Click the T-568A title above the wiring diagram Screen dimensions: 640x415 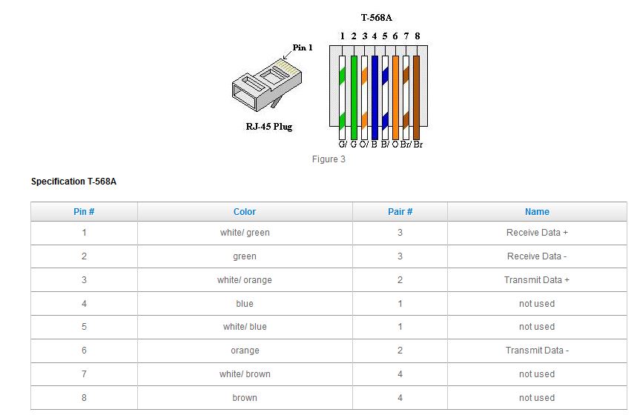coord(376,18)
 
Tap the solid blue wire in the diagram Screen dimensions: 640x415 coord(375,98)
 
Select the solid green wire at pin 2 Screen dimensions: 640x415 coord(354,98)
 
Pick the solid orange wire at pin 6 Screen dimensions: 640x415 coord(395,98)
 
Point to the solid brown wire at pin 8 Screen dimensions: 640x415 coord(416,98)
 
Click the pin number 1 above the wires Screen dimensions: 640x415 coord(343,36)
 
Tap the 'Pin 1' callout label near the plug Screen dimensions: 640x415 coord(303,47)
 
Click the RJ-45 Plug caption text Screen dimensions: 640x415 coord(269,127)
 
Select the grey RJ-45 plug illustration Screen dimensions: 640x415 coord(266,85)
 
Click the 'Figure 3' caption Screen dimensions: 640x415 coord(329,159)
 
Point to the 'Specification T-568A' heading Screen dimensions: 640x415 coord(74,182)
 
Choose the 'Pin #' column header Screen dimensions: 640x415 coord(84,212)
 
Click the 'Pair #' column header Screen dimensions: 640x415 coord(400,212)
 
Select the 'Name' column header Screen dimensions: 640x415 coord(537,212)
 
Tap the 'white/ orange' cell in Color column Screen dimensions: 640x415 coord(245,280)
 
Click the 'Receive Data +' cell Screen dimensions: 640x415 coord(537,233)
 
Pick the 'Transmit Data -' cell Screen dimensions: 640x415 coord(537,350)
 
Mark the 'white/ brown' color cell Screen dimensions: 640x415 coord(245,373)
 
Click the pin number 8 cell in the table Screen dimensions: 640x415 coord(84,397)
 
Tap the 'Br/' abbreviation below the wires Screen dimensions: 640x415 coord(406,145)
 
